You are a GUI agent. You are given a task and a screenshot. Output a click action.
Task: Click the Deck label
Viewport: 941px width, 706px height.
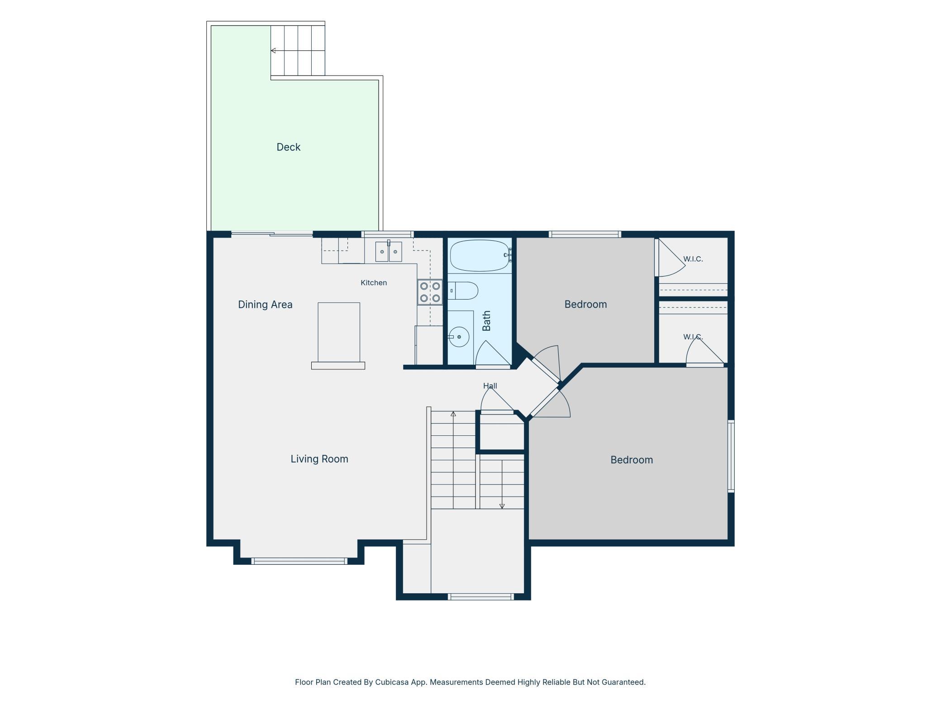[x=288, y=147]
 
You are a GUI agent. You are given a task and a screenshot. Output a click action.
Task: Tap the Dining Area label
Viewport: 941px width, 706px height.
[x=265, y=305]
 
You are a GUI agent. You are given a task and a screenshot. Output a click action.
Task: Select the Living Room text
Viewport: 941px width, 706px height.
[x=319, y=459]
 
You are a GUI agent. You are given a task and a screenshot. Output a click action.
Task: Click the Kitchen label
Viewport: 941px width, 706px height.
[x=374, y=283]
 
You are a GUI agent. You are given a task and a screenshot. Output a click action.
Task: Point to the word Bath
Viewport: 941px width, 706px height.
[x=486, y=320]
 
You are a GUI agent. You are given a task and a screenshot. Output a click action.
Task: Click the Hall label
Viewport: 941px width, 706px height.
[x=490, y=386]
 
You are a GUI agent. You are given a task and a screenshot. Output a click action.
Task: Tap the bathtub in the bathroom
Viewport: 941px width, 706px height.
[x=480, y=255]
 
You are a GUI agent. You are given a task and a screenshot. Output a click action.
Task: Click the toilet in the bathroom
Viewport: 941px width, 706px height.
[x=463, y=291]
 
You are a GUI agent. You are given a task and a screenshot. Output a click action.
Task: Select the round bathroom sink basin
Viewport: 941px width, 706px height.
[x=459, y=337]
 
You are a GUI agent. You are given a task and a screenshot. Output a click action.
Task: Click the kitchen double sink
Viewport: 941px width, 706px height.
[x=389, y=252]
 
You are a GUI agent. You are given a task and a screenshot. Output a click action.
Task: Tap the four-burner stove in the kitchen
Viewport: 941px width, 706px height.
[x=430, y=292]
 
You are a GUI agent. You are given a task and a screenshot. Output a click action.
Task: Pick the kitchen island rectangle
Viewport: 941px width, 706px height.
[x=339, y=332]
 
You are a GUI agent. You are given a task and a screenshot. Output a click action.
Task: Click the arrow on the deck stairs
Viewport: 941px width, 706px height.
[x=298, y=51]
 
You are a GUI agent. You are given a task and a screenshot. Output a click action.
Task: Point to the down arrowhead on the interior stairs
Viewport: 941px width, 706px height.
[x=502, y=506]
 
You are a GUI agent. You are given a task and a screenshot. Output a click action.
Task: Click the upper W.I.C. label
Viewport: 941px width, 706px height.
[x=693, y=259]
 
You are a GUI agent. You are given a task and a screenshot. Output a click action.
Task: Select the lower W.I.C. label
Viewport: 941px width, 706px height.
[x=693, y=337]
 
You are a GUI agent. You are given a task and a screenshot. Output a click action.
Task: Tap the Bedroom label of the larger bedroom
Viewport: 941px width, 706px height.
[x=632, y=460]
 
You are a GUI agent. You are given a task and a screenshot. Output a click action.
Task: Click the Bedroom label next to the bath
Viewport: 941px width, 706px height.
[x=585, y=304]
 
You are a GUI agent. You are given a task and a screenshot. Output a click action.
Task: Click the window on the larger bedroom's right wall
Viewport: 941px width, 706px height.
[x=731, y=456]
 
